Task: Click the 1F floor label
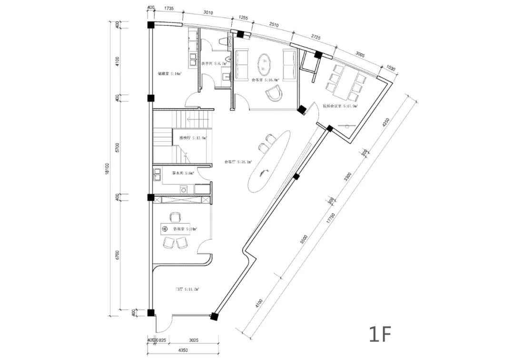[x=380, y=334]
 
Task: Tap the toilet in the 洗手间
[x=222, y=42]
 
